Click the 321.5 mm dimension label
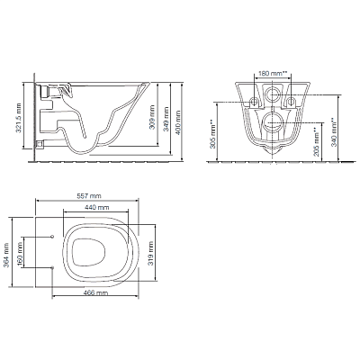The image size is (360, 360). pyautogui.click(x=19, y=119)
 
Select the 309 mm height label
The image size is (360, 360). pyautogui.click(x=152, y=117)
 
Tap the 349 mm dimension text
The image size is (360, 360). pyautogui.click(x=166, y=119)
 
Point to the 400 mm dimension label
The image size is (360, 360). pyautogui.click(x=178, y=122)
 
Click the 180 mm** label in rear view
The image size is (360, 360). pyautogui.click(x=273, y=74)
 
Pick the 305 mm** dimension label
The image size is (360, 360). pyautogui.click(x=212, y=134)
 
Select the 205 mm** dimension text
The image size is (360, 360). pyautogui.click(x=316, y=142)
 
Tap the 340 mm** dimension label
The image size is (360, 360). pyautogui.click(x=333, y=132)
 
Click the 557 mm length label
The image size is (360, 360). pyautogui.click(x=89, y=196)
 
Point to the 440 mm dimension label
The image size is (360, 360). pyautogui.click(x=97, y=207)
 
